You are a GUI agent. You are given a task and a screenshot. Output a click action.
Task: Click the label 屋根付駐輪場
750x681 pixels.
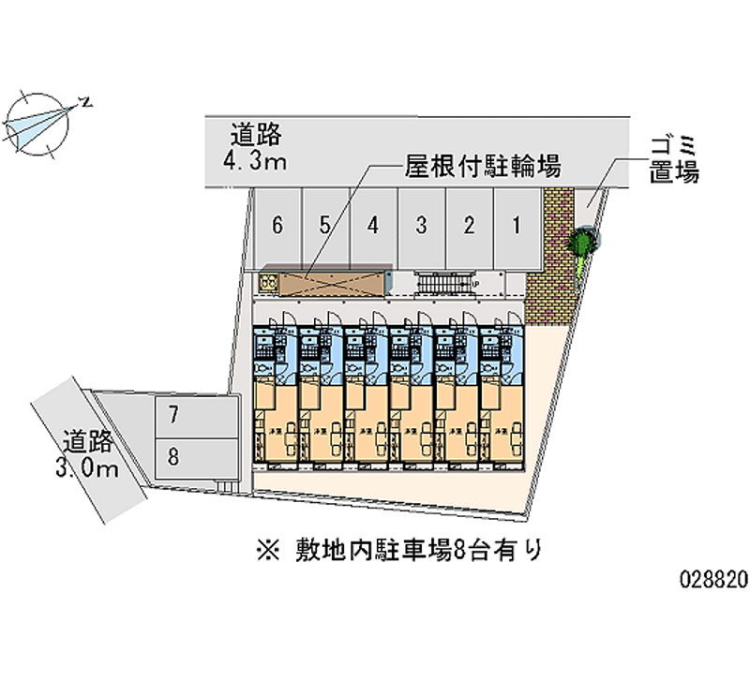click(483, 168)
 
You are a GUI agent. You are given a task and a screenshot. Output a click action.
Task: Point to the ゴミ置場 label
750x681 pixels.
click(673, 159)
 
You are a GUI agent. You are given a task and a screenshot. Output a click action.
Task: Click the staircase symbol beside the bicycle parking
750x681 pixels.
click(441, 282)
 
